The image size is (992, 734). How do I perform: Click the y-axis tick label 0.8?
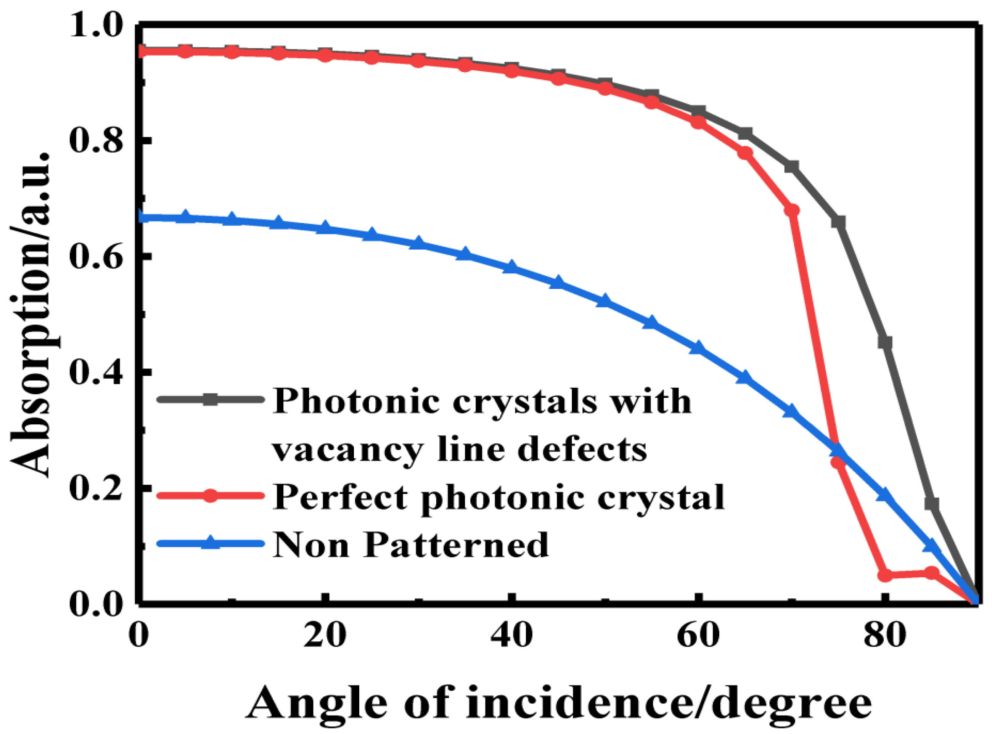point(96,141)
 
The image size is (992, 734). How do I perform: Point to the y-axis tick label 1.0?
point(96,26)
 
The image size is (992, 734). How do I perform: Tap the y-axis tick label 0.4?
point(96,372)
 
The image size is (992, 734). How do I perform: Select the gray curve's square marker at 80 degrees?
point(885,342)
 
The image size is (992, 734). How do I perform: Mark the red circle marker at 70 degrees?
point(791,210)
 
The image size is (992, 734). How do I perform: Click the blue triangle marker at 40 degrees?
point(511,267)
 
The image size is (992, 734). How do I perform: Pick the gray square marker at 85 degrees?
point(932,504)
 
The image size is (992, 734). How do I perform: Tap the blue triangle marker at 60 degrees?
point(698,348)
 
